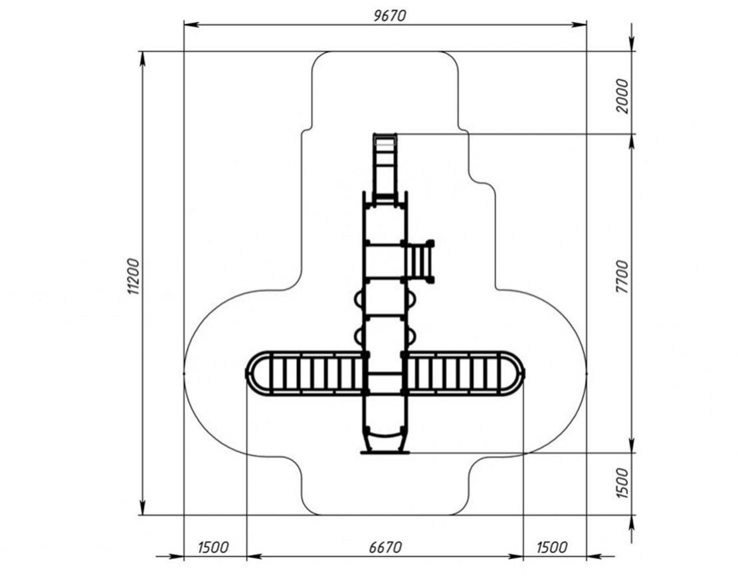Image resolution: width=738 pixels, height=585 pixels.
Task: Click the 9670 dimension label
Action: point(389,15)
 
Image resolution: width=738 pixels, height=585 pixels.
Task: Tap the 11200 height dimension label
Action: point(134,277)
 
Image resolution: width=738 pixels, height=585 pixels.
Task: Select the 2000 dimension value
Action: point(622,96)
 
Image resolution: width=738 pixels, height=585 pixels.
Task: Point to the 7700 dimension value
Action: point(622,277)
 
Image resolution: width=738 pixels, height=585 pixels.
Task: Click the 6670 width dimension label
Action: point(386,547)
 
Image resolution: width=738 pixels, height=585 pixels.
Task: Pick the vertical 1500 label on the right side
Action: point(622,484)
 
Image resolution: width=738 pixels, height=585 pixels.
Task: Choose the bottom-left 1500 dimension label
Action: point(213,547)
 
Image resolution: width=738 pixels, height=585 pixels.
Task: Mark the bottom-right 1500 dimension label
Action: point(551,547)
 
